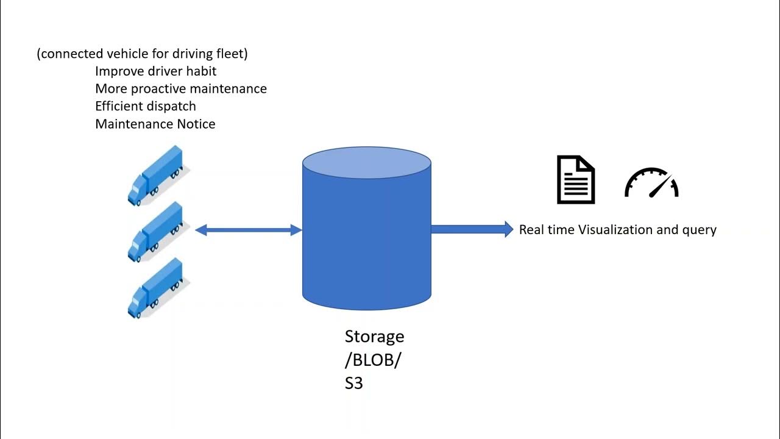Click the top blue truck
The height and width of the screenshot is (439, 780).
[x=155, y=176]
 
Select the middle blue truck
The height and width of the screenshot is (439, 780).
[x=155, y=232]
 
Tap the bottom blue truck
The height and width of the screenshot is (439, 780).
[x=155, y=288]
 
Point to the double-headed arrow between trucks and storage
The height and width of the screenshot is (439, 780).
[x=249, y=230]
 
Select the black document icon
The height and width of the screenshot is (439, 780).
[x=576, y=180]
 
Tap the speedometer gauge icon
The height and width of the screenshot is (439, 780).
[x=651, y=183]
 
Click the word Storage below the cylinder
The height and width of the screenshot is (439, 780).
[x=374, y=337]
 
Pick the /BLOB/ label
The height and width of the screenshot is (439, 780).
[x=372, y=360]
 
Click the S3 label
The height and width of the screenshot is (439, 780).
[x=354, y=384]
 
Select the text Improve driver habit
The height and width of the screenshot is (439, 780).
[x=156, y=71]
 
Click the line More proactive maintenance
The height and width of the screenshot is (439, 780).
[x=181, y=88]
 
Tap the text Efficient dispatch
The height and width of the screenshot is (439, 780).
[x=146, y=106]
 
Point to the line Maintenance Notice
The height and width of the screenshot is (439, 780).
[x=155, y=124]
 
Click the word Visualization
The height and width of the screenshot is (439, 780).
[x=615, y=230]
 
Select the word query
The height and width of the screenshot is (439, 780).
[x=700, y=230]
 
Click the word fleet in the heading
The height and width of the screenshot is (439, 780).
[x=230, y=54]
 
